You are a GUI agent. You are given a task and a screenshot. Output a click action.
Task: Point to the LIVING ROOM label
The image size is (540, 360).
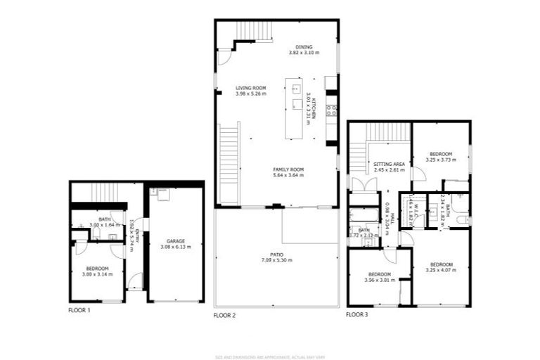tap(251, 88)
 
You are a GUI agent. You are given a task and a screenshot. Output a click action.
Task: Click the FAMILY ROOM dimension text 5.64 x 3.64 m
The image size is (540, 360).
tap(288, 174)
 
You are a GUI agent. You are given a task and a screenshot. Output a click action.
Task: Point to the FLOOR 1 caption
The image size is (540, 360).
tap(79, 309)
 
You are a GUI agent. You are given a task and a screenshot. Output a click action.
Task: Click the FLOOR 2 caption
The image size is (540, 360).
tap(224, 316)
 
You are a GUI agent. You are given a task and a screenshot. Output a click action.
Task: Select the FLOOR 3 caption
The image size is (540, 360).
tap(356, 314)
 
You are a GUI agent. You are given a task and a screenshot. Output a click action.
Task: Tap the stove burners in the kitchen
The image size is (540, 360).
tap(332, 109)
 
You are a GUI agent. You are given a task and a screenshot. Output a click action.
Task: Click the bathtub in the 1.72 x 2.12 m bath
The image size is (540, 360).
tap(364, 214)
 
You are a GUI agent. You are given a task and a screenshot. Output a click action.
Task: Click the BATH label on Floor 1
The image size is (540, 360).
tap(105, 219)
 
